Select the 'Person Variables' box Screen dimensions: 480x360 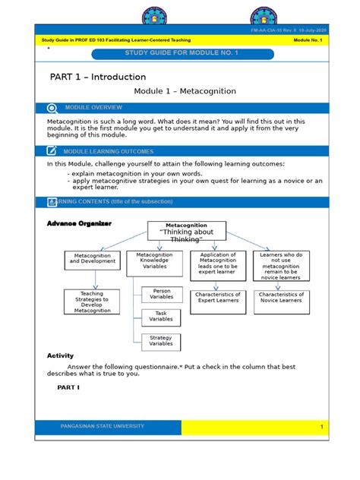(x=161, y=294)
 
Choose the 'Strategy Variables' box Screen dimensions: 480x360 (x=161, y=340)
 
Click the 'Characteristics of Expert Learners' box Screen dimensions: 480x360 (x=218, y=298)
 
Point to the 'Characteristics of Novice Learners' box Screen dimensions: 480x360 (x=282, y=298)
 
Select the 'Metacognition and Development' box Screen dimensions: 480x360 (x=92, y=260)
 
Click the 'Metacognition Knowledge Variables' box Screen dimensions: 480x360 (x=154, y=263)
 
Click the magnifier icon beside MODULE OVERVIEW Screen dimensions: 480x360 (x=52, y=108)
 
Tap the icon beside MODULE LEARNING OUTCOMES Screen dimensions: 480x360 (x=52, y=151)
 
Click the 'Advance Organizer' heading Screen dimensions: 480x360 (x=80, y=224)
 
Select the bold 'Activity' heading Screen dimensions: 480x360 (x=60, y=355)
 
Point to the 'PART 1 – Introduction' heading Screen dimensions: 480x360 (x=98, y=77)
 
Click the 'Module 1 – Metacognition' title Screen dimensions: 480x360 (x=185, y=91)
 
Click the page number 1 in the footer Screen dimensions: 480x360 (x=321, y=428)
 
